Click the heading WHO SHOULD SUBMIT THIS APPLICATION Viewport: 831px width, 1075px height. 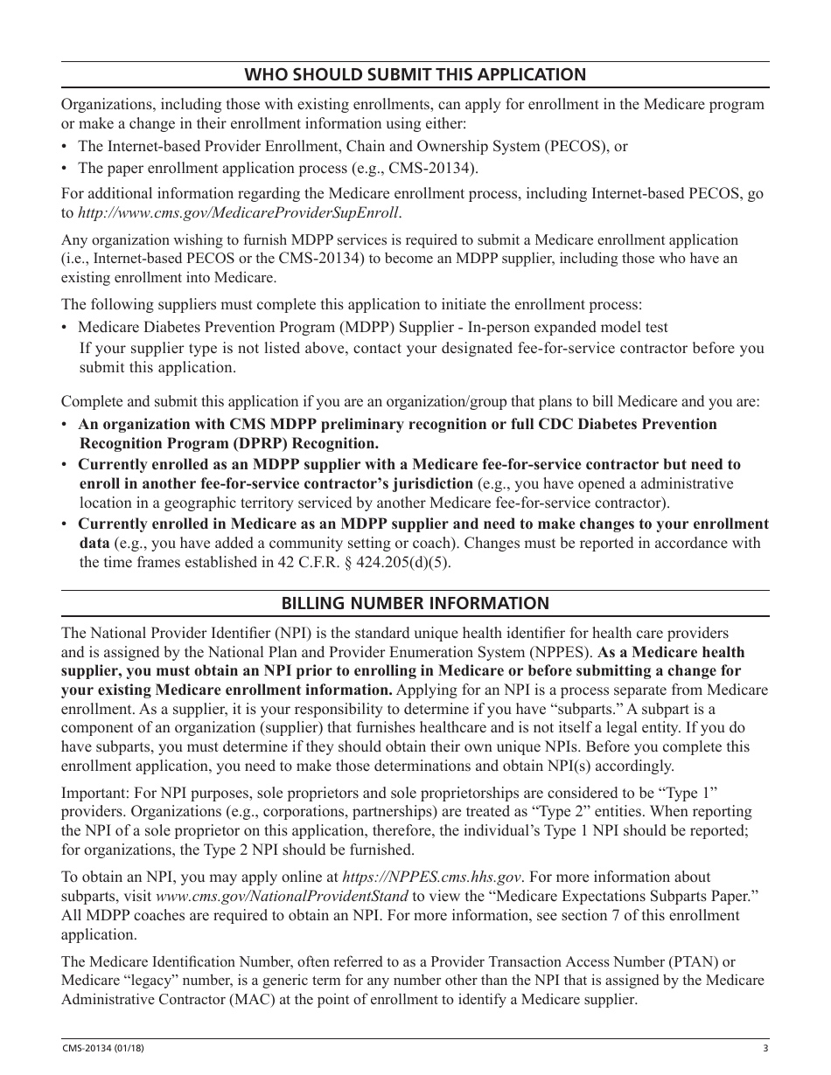pos(415,74)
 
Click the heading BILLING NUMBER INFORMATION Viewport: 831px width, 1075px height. pos(415,603)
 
